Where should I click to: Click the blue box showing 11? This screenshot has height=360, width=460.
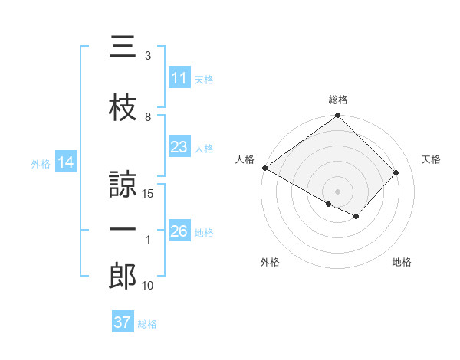(179, 78)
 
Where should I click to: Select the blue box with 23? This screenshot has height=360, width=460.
(179, 147)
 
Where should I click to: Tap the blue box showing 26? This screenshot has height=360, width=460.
(179, 231)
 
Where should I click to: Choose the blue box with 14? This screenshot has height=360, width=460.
(65, 162)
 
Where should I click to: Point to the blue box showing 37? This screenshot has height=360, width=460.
(122, 322)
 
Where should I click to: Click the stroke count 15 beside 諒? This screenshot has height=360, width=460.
(149, 195)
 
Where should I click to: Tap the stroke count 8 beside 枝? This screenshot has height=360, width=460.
(148, 117)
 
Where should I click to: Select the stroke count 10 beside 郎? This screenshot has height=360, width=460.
(149, 286)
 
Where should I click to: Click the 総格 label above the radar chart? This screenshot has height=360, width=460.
(337, 100)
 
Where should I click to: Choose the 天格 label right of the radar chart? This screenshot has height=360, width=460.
(431, 159)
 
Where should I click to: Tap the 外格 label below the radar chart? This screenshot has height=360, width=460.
(269, 262)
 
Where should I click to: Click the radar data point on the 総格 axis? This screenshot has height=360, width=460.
(337, 116)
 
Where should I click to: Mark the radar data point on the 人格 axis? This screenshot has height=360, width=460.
(264, 168)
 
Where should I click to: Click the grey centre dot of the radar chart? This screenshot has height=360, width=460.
(337, 191)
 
